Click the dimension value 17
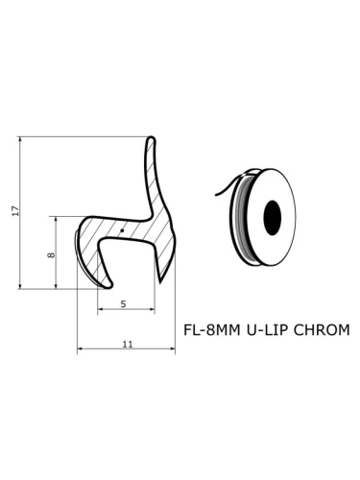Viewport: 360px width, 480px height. point(15,211)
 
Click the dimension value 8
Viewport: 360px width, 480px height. point(51,255)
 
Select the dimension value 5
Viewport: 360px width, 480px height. point(124,303)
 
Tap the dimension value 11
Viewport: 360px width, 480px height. point(128,344)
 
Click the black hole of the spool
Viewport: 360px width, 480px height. point(273,218)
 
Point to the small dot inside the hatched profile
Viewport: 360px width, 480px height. point(122,230)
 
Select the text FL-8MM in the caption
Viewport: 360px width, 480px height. point(211,330)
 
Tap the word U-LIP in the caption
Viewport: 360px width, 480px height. point(266,330)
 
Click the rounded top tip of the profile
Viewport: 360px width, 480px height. point(151,138)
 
